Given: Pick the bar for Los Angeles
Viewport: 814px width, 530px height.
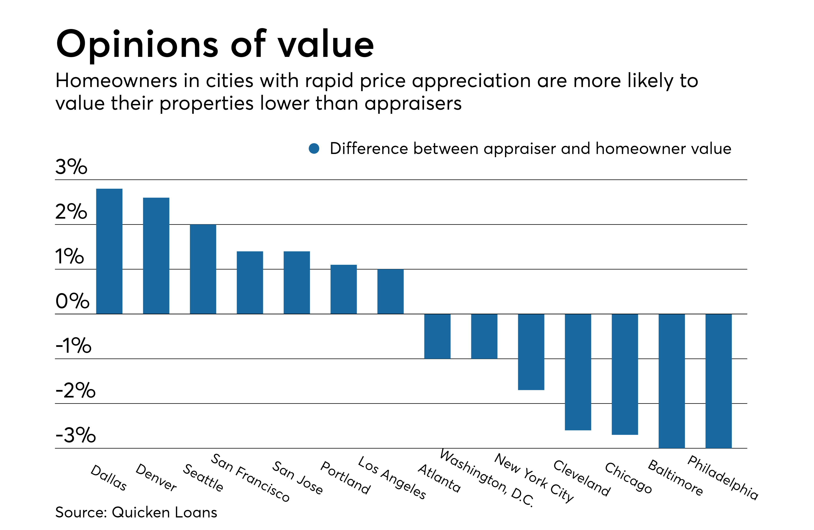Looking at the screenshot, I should click(390, 291).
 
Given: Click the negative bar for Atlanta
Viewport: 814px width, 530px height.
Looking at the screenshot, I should click(437, 336).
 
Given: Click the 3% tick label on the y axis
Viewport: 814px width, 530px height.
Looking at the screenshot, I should click(71, 167).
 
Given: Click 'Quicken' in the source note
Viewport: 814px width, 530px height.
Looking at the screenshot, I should click(141, 512).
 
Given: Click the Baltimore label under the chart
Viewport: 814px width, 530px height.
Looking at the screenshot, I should click(675, 477).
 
